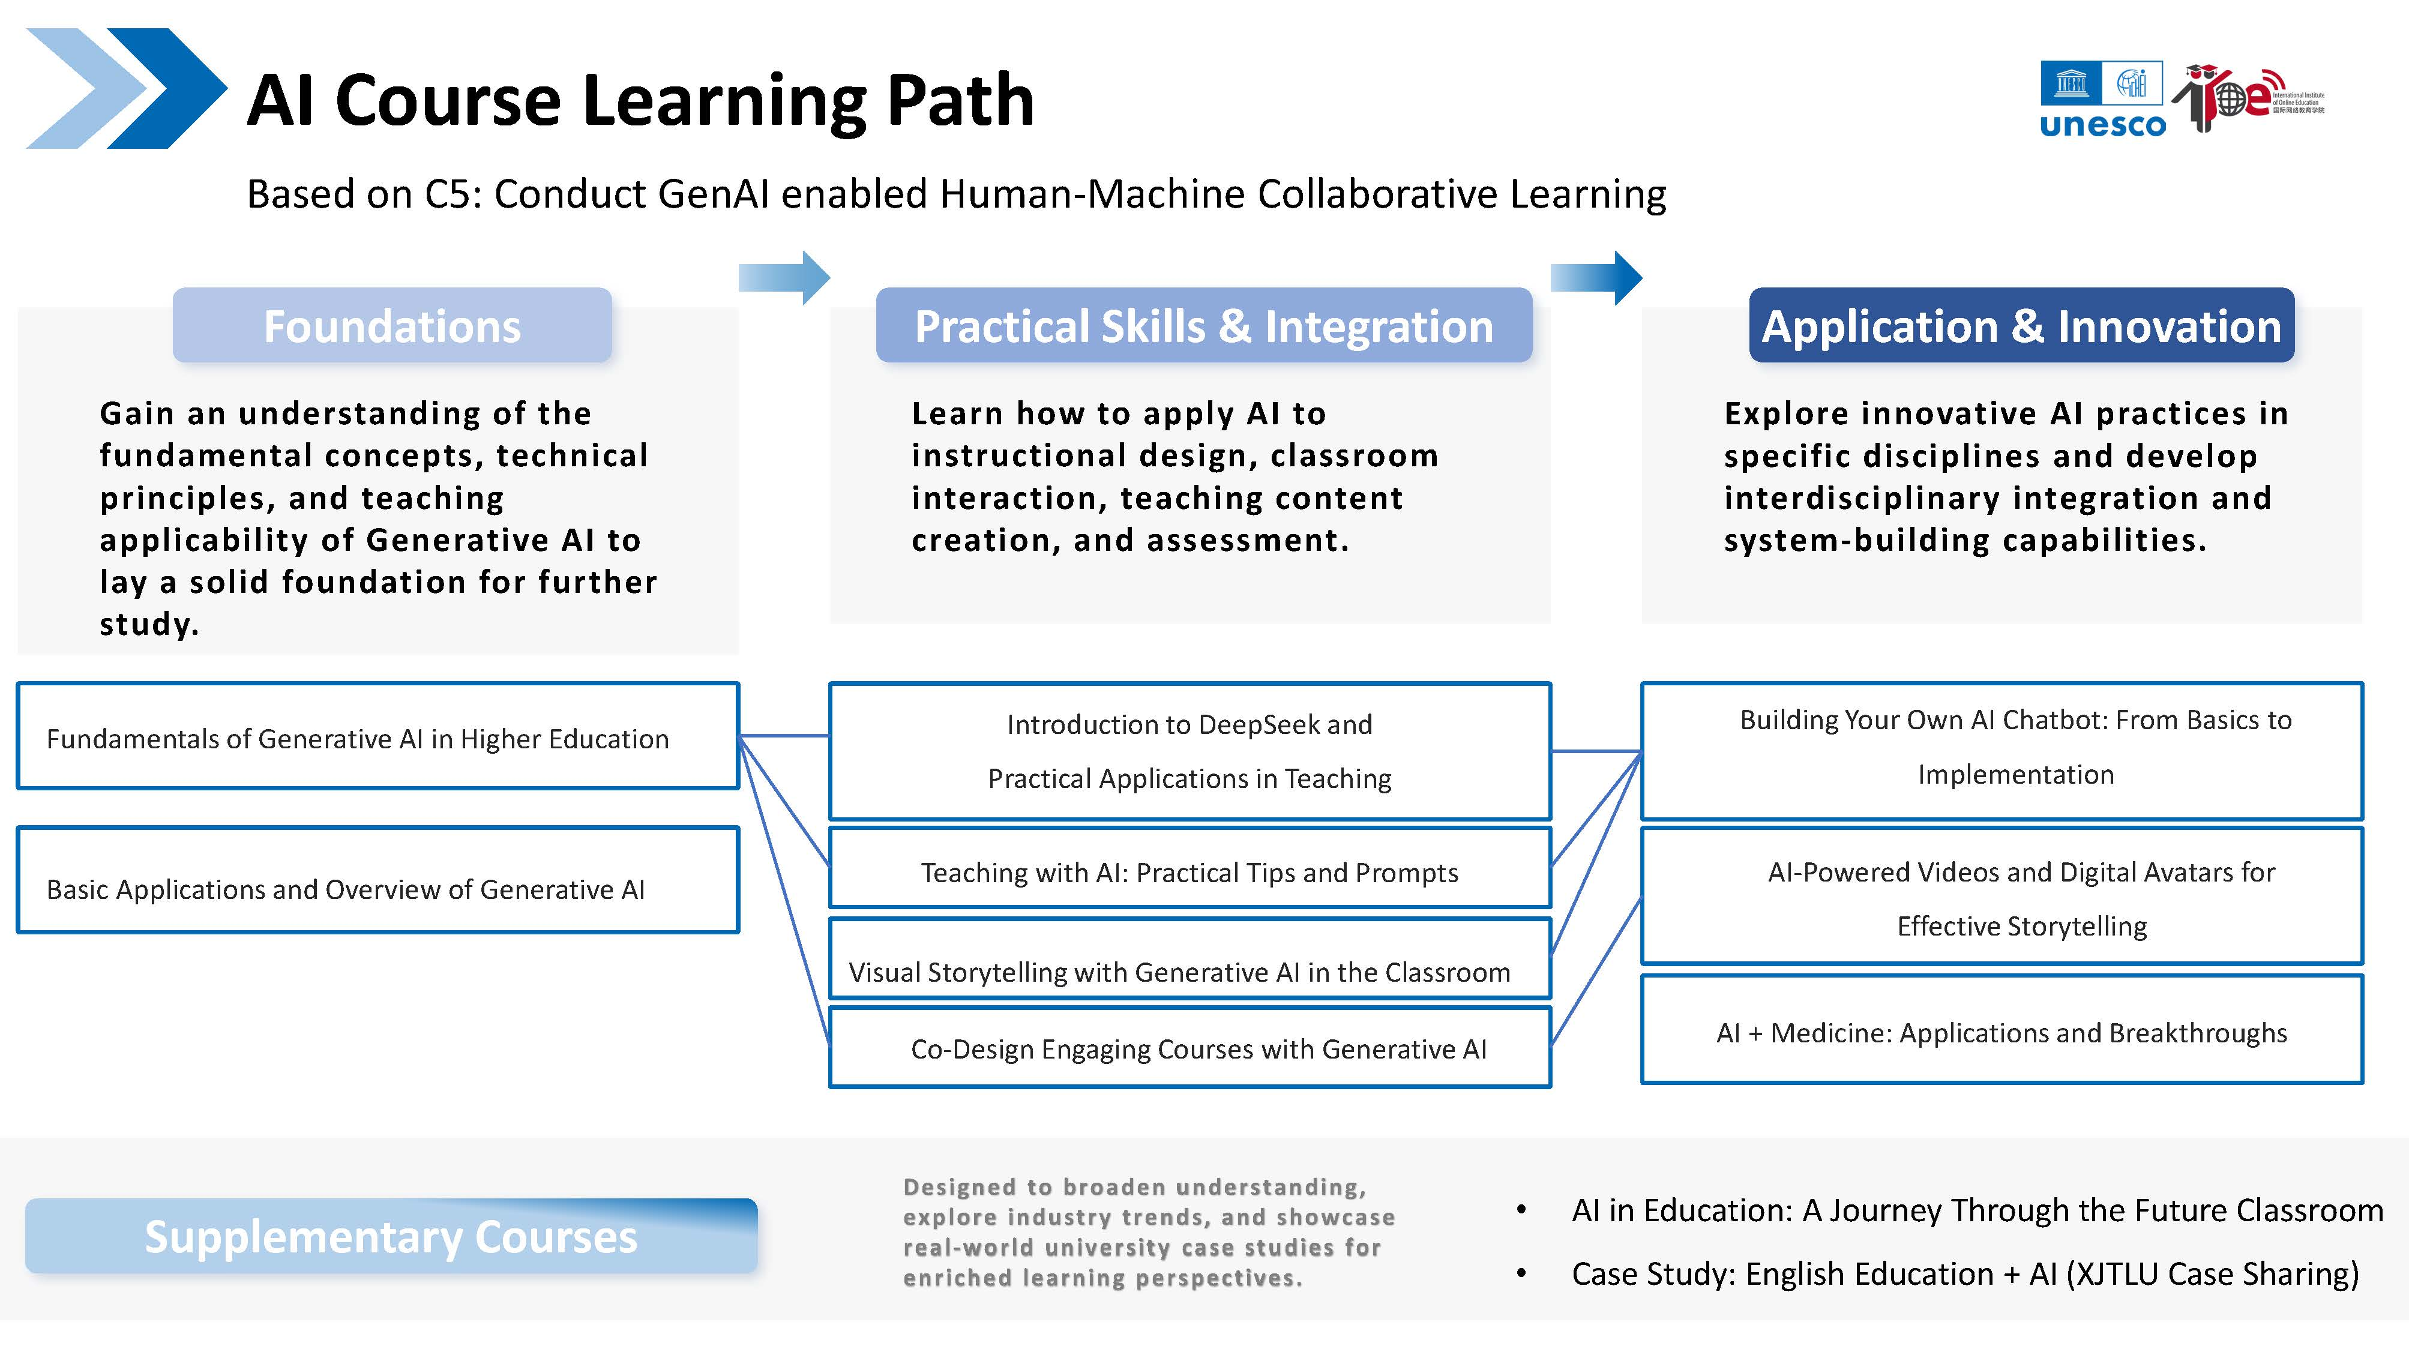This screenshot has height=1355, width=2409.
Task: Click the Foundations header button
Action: [392, 325]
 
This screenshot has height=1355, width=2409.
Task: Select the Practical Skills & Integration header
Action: [1203, 325]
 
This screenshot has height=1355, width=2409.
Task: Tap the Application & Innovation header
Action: [2021, 325]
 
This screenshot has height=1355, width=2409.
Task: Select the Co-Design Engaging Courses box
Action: [1189, 1048]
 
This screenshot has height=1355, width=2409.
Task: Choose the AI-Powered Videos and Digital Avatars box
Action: [2001, 897]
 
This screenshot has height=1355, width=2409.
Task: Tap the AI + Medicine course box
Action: [2001, 1032]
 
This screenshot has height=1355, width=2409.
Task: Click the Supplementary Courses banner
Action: [391, 1236]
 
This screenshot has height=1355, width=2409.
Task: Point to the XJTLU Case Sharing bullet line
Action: [1964, 1273]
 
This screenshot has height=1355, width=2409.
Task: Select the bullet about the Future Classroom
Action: [1977, 1210]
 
